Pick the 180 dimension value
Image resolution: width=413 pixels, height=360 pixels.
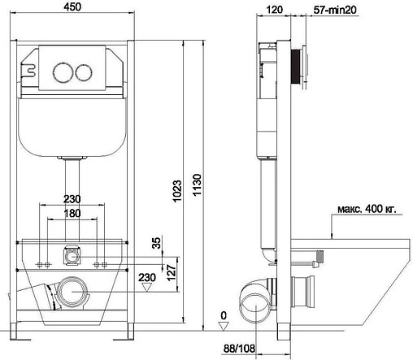[x=73, y=214]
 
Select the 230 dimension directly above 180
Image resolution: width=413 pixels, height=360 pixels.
[x=73, y=199]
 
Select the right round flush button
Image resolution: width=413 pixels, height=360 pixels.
[x=81, y=70]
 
